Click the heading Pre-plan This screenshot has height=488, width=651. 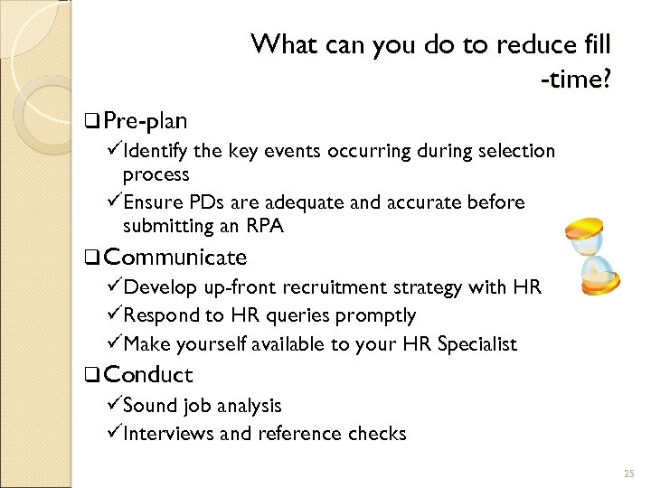pyautogui.click(x=146, y=120)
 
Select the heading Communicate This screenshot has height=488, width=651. pyautogui.click(x=175, y=258)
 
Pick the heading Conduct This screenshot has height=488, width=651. pyautogui.click(x=147, y=374)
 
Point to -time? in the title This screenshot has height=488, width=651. pyautogui.click(x=575, y=81)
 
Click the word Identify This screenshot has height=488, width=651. pyautogui.click(x=156, y=151)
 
